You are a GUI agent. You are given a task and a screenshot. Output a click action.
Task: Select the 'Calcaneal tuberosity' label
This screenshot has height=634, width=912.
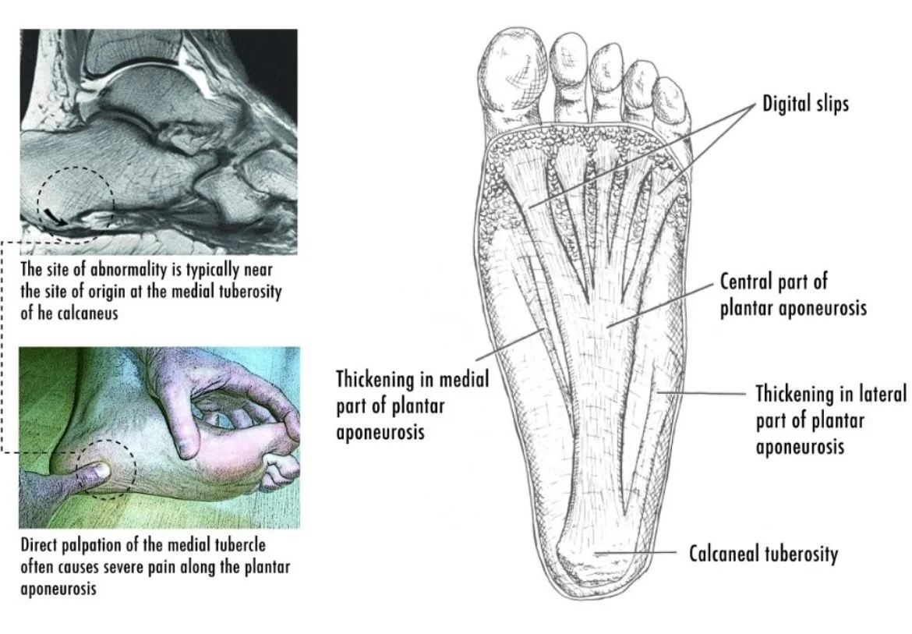(763, 554)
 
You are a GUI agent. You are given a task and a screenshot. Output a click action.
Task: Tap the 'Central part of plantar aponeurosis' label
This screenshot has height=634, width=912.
(793, 295)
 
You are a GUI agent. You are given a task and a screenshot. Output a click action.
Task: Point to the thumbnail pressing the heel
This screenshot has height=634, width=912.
(97, 470)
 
